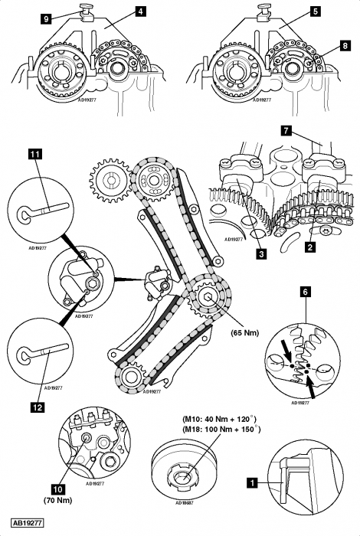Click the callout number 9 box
[46, 18]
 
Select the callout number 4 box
[140, 11]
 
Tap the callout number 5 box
[316, 11]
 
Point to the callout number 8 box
[345, 45]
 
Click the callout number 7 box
[286, 131]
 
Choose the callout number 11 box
[35, 154]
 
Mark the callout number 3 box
[261, 254]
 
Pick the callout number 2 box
[309, 247]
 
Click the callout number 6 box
[306, 292]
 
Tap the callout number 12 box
[38, 407]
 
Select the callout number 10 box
[57, 489]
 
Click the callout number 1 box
[252, 482]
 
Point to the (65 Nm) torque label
[245, 332]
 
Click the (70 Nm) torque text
[57, 500]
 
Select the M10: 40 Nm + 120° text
[220, 419]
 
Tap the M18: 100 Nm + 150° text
[222, 429]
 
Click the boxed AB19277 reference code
[27, 523]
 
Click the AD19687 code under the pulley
[185, 503]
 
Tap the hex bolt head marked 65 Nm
[208, 297]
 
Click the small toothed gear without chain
[110, 180]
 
